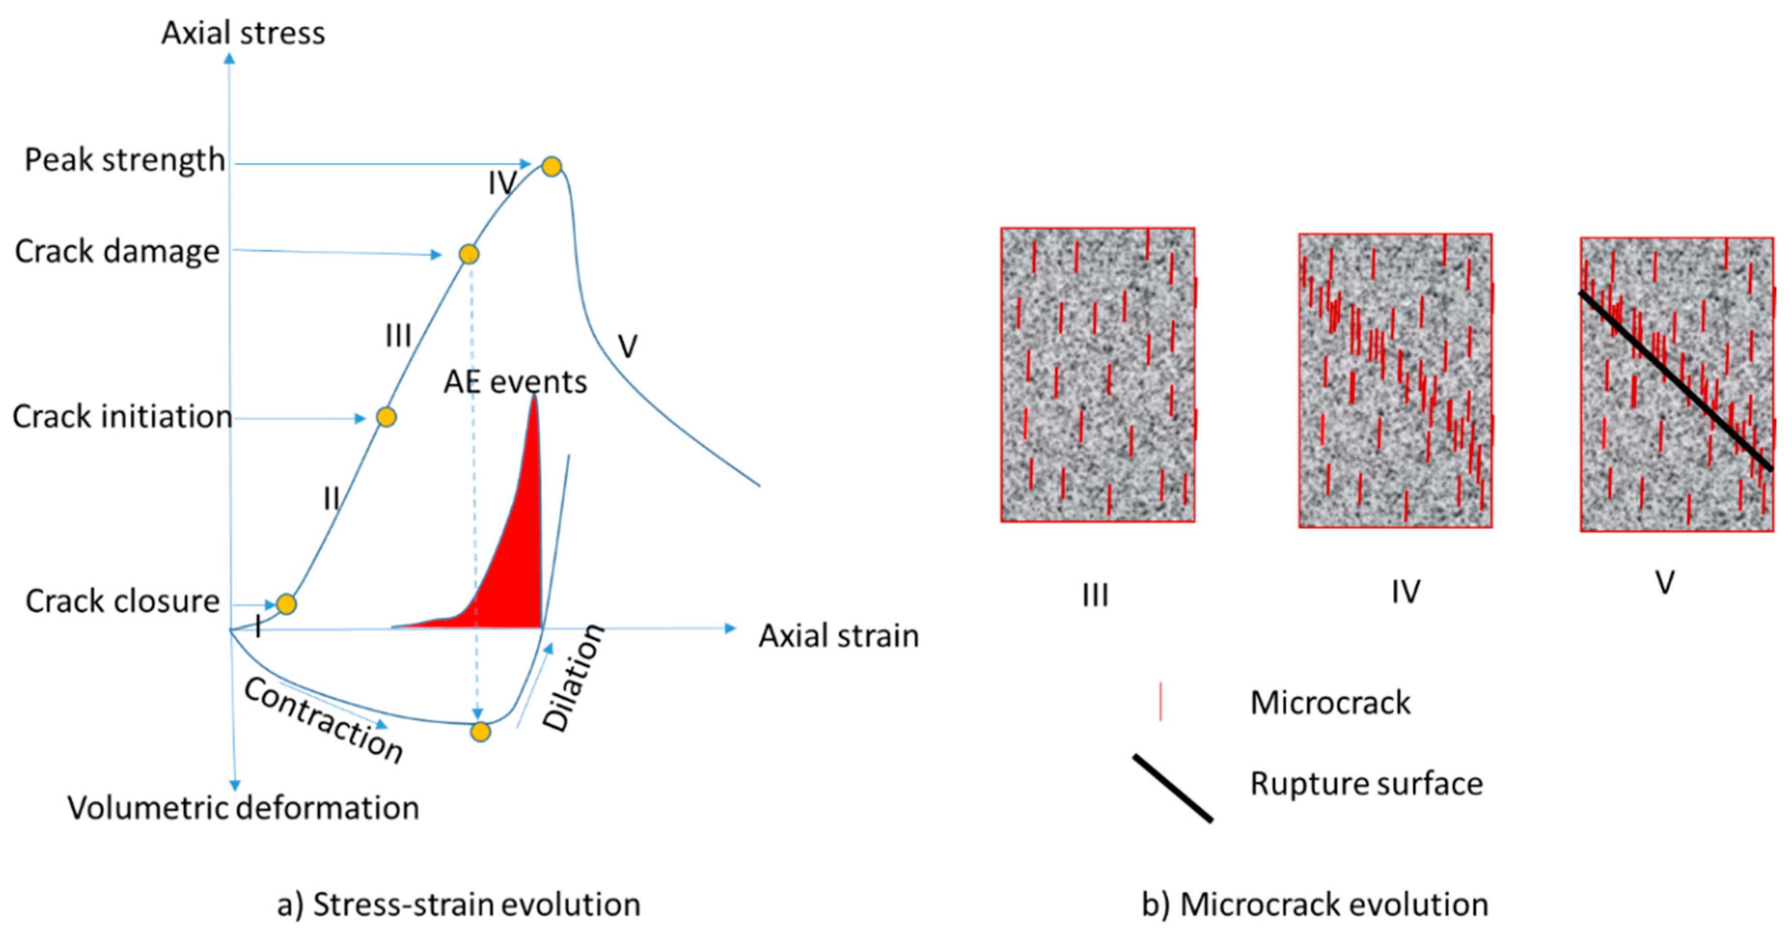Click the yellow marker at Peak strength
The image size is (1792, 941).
(x=551, y=167)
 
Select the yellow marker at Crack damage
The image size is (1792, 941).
(x=469, y=253)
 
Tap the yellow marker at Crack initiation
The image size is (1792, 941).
(x=386, y=417)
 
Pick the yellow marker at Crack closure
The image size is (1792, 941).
(x=286, y=603)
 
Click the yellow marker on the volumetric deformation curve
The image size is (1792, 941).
(x=480, y=732)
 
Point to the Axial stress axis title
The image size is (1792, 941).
(x=243, y=33)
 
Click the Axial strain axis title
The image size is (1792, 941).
(x=838, y=635)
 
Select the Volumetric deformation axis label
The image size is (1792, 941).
(x=243, y=807)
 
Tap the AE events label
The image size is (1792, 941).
(x=515, y=381)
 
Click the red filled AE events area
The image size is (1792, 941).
(x=515, y=571)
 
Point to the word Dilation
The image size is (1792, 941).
(x=573, y=678)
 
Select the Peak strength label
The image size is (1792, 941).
(x=125, y=159)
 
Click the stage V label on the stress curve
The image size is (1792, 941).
(x=627, y=346)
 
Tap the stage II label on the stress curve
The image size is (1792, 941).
(x=331, y=499)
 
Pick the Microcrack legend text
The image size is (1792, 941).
(x=1330, y=702)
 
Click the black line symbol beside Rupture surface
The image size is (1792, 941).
(x=1173, y=788)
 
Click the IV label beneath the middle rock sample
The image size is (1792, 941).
(x=1405, y=592)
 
